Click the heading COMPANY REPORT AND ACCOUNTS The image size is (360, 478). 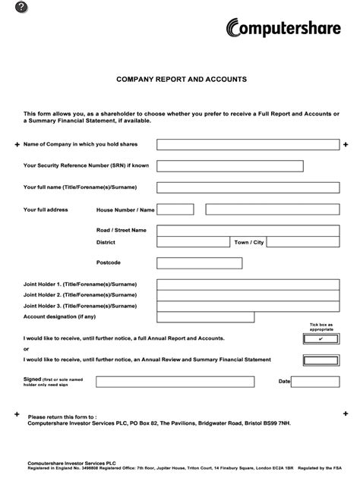coord(180,79)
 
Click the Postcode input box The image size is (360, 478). coord(199,263)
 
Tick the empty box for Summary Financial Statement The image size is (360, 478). coord(321,360)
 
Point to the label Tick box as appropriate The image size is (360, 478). coord(321,326)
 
